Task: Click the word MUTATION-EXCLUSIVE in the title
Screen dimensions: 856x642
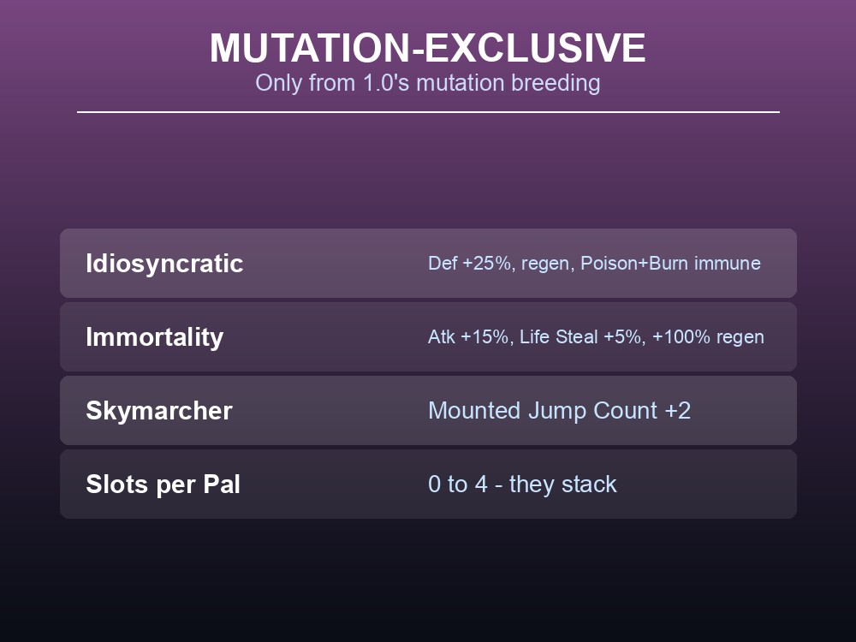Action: pyautogui.click(x=427, y=48)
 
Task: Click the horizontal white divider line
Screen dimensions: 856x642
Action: pyautogui.click(x=428, y=112)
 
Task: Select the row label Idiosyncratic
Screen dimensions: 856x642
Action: pyautogui.click(x=164, y=264)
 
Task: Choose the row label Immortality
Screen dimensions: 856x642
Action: pyautogui.click(x=154, y=337)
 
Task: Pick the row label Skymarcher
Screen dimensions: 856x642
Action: pyautogui.click(x=159, y=411)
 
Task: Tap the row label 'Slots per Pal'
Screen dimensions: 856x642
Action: pyautogui.click(x=163, y=484)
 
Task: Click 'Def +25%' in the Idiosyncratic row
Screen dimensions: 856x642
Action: pyautogui.click(x=469, y=263)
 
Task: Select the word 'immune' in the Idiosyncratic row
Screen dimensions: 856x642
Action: pyautogui.click(x=727, y=263)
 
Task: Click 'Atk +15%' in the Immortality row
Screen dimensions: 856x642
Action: pyautogui.click(x=468, y=336)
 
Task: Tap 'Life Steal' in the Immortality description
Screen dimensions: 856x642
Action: pyautogui.click(x=558, y=336)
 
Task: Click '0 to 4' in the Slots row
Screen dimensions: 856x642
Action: pyautogui.click(x=457, y=484)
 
